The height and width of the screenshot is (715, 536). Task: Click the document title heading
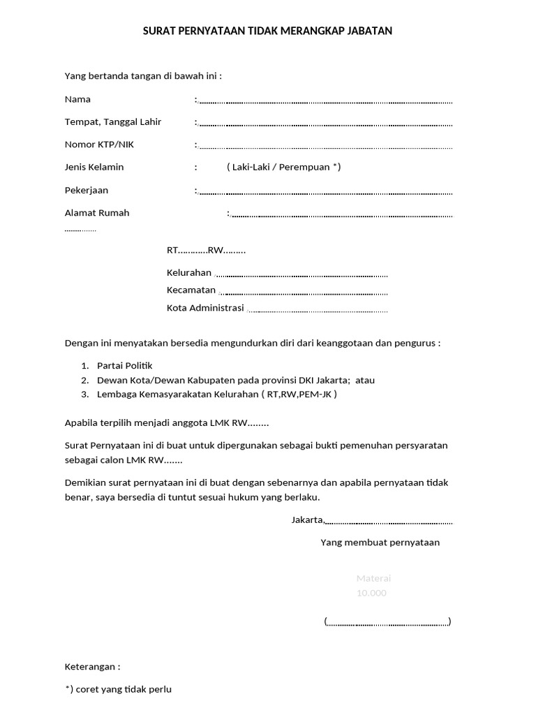[x=268, y=31]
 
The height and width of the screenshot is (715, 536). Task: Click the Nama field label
[x=77, y=99]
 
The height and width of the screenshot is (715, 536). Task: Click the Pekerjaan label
[x=87, y=190]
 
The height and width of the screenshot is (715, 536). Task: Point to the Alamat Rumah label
[x=97, y=213]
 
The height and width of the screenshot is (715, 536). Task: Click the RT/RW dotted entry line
[x=206, y=250]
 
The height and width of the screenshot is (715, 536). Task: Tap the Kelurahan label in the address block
[x=188, y=272]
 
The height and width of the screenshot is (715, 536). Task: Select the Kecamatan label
[x=191, y=290]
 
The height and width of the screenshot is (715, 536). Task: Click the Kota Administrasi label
[x=205, y=307]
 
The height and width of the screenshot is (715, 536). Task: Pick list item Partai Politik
[x=124, y=365]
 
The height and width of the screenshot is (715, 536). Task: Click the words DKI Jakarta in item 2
[x=325, y=380]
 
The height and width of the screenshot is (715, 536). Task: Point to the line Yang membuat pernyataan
[x=380, y=543]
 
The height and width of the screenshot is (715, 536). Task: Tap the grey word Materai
[x=373, y=578]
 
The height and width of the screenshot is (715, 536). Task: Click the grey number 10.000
[x=371, y=593]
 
